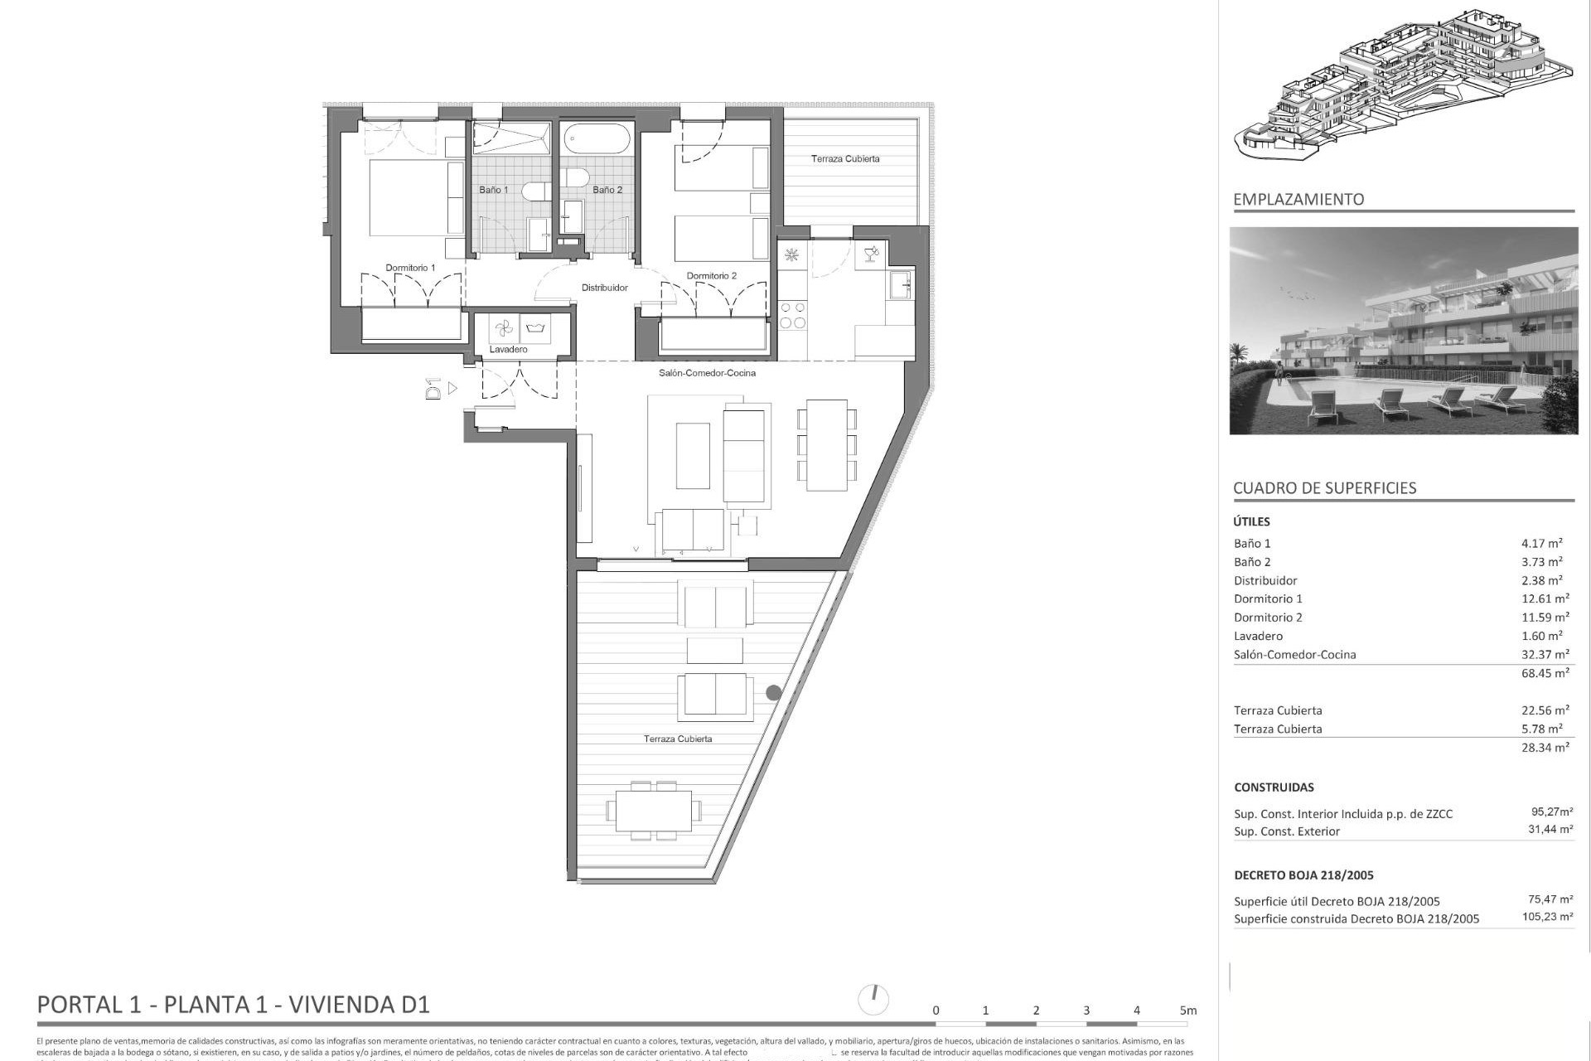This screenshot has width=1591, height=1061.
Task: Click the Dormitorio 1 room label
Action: click(410, 268)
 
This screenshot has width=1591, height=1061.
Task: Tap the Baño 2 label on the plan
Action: click(607, 190)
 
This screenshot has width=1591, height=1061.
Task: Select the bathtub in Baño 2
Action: click(597, 138)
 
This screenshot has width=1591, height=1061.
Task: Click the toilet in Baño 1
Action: click(535, 192)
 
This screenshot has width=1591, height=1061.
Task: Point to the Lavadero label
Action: click(508, 350)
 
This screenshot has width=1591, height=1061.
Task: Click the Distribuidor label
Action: click(604, 288)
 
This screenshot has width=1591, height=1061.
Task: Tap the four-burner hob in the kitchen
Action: click(792, 315)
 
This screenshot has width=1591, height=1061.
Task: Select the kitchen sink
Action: click(900, 285)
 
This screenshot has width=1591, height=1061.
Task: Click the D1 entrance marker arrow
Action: click(452, 388)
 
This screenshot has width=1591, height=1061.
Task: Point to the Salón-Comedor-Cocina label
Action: click(707, 373)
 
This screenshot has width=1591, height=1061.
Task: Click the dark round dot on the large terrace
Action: click(773, 692)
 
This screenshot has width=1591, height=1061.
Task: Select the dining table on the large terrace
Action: click(653, 811)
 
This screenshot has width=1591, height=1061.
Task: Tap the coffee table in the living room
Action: click(693, 456)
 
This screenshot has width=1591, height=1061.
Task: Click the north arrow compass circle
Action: click(873, 1000)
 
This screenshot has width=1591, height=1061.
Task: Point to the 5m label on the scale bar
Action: click(1188, 1010)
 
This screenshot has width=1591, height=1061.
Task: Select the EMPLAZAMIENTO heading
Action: click(1298, 199)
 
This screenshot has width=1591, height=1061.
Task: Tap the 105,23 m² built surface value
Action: click(1547, 917)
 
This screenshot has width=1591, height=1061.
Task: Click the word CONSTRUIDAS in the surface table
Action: click(1274, 787)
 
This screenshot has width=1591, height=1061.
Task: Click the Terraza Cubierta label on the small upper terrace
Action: click(845, 158)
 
